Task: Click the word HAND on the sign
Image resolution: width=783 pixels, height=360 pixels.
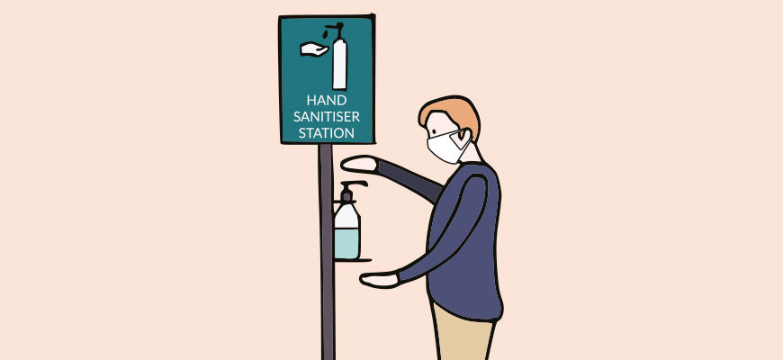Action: point(327,100)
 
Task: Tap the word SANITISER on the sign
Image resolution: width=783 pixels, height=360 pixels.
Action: point(327,116)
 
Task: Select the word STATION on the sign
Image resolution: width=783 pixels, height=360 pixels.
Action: point(327,133)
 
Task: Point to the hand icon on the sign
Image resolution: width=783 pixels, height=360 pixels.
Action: point(313,49)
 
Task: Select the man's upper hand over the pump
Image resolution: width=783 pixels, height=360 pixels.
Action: point(358,163)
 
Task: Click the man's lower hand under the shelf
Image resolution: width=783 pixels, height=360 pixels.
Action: point(379,279)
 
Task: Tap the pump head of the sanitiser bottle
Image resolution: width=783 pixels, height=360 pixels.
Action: point(351,189)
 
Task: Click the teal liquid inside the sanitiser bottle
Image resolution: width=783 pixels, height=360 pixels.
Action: point(346,243)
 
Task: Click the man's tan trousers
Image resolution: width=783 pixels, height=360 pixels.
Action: point(462,334)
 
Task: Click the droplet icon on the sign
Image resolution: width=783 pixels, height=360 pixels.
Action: point(325,33)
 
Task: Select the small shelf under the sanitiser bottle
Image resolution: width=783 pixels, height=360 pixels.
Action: point(353,260)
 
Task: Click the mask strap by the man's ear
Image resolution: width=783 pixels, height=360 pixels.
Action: point(460,139)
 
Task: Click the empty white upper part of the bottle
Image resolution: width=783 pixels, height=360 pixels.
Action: point(346,216)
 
